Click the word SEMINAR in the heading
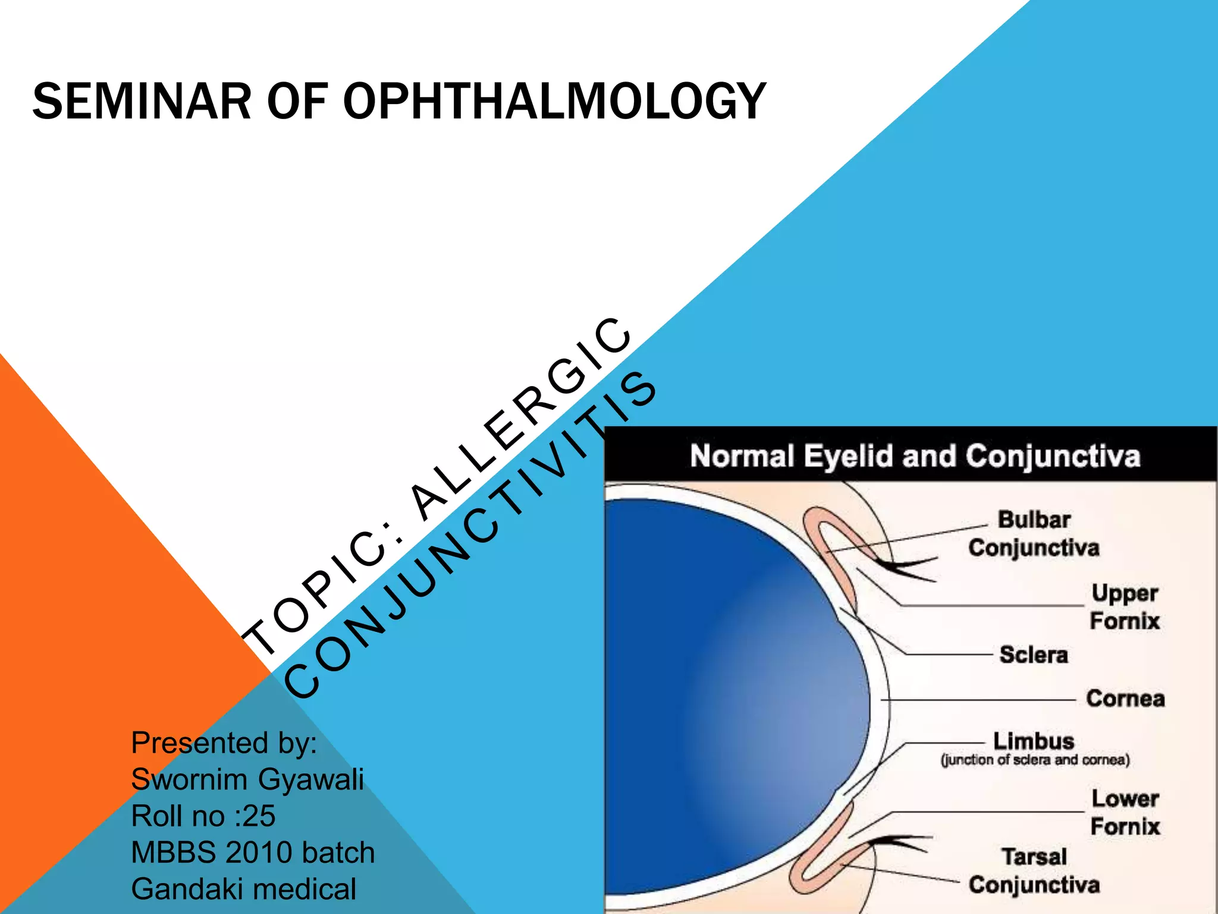pos(142,102)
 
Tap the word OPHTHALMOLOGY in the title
pos(554,102)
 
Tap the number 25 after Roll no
pos(258,816)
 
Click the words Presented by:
pos(224,743)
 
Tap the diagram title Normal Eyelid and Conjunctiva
pos(915,456)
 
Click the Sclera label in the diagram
pos(1034,655)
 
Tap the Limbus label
pos(1034,741)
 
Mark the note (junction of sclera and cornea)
pos(1035,760)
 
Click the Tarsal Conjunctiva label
pos(1034,871)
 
